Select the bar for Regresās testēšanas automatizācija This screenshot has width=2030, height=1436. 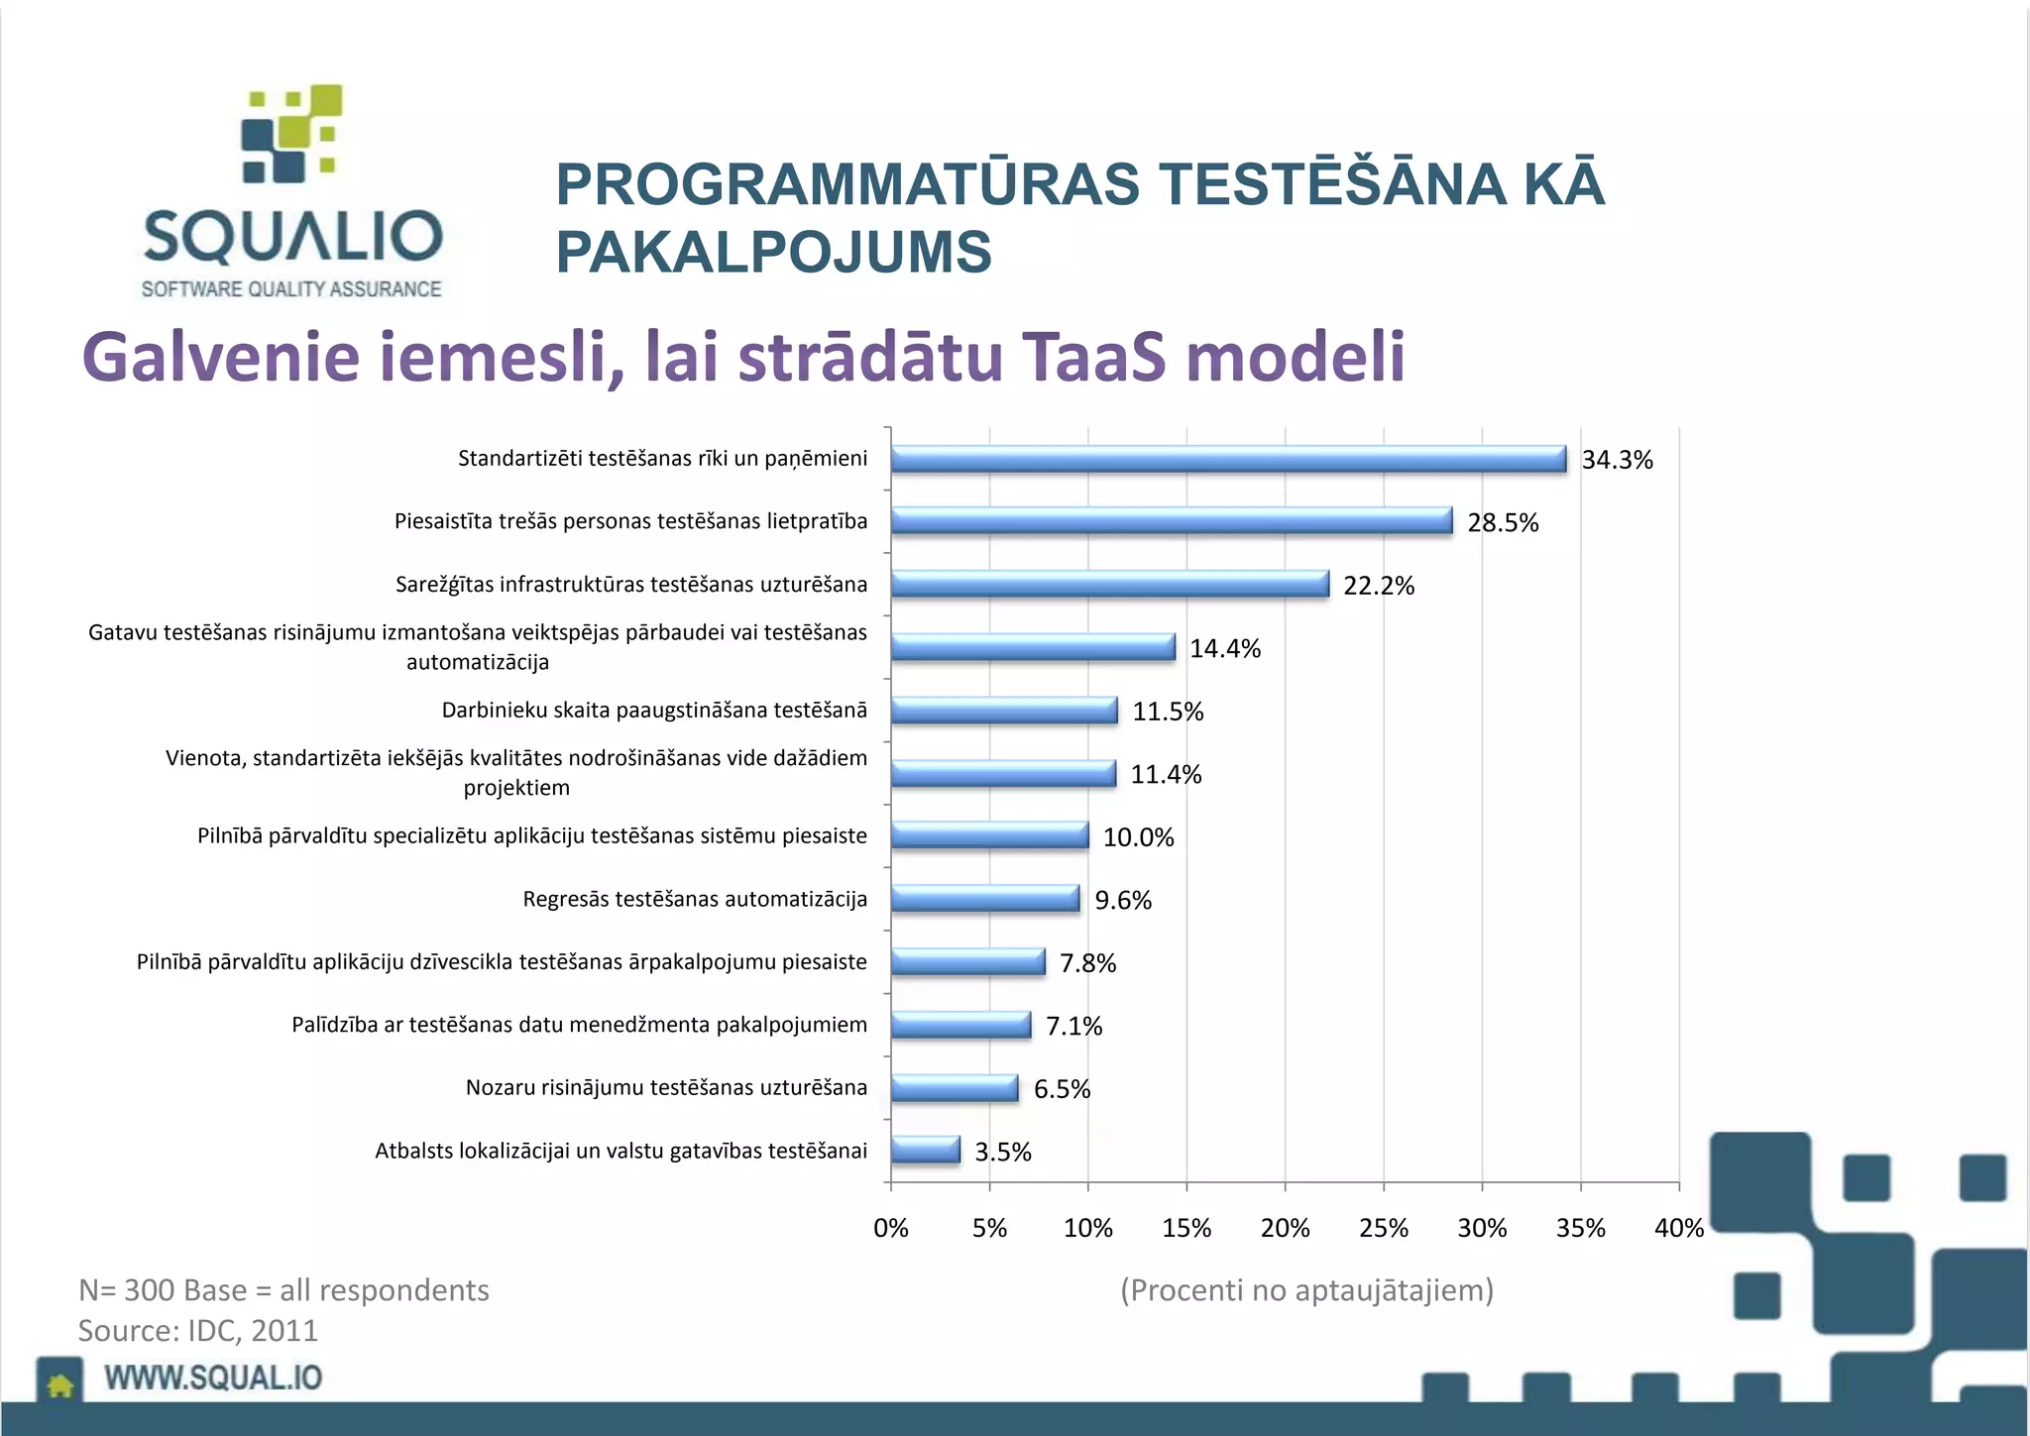(x=984, y=899)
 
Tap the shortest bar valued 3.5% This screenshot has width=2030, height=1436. (x=925, y=1151)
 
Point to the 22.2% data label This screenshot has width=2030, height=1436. (x=1378, y=586)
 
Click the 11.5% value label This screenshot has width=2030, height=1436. (x=1167, y=712)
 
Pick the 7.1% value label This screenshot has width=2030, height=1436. (x=1073, y=1026)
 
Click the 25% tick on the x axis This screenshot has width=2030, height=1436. (x=1383, y=1228)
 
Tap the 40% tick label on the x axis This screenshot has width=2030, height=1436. (x=1678, y=1228)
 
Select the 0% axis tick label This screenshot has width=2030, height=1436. (x=890, y=1228)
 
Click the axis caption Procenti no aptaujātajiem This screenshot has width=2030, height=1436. (x=1306, y=1289)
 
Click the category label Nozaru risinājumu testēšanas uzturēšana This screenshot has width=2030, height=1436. (x=666, y=1088)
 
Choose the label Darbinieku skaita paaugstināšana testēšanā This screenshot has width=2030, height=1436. (x=654, y=711)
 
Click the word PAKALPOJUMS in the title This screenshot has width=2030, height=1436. (x=773, y=252)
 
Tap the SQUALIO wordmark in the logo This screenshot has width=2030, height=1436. (x=292, y=236)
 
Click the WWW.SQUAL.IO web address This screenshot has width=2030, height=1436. (x=213, y=1378)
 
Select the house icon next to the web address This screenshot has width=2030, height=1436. (x=60, y=1383)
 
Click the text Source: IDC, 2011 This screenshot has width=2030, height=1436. (x=198, y=1330)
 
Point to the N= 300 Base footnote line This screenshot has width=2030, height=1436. (x=283, y=1289)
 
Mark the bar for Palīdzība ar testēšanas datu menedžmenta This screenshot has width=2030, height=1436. (x=959, y=1025)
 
